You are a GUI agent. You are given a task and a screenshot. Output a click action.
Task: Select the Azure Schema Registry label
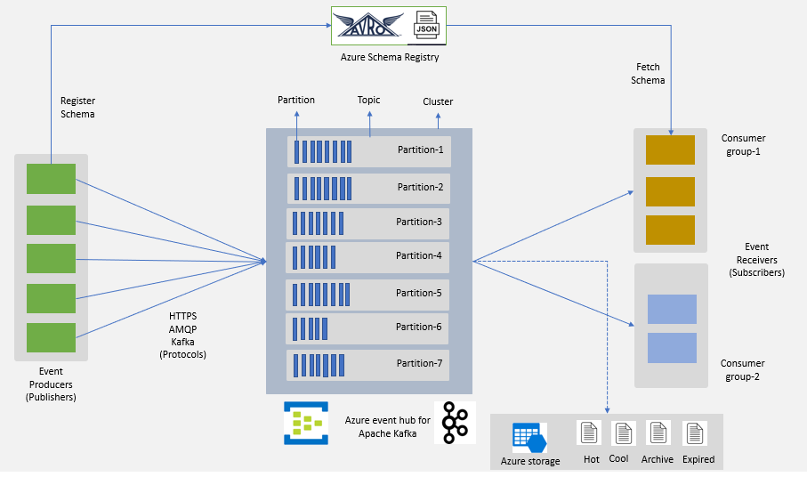point(390,57)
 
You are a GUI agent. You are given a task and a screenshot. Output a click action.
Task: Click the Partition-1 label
point(420,150)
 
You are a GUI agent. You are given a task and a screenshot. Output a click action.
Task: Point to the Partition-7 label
point(420,363)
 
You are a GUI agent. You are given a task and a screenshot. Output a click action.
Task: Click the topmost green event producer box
point(51,179)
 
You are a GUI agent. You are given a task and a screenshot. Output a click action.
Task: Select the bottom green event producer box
point(51,338)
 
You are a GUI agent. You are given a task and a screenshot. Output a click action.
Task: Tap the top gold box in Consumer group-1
point(670,150)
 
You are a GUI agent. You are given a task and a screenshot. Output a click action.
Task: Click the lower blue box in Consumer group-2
point(672,348)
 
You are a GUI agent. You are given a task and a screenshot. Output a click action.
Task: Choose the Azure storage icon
point(529,438)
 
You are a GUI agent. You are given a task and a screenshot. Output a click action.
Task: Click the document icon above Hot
point(589,433)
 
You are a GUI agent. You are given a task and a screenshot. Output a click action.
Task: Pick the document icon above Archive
point(658,433)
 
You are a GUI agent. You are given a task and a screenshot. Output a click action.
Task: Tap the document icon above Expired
point(694,433)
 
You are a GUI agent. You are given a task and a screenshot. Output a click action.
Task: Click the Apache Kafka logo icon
point(456,423)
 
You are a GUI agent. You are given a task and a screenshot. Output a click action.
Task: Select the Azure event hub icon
point(306,423)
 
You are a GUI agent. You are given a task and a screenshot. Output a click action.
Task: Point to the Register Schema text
point(77,108)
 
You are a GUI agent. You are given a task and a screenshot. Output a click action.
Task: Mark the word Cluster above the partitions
point(438,101)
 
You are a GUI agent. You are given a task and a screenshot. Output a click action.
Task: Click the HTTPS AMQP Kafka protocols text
point(182,335)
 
